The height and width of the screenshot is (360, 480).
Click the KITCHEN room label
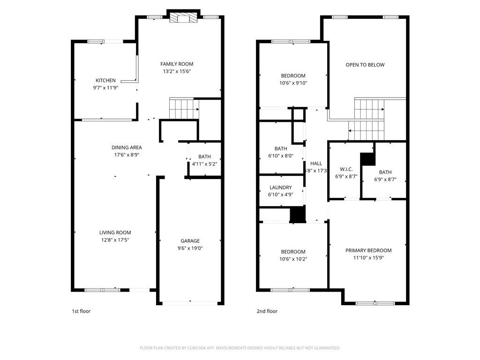105,80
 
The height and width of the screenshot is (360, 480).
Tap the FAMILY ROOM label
177,64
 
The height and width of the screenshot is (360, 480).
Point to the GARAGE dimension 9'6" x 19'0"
190,248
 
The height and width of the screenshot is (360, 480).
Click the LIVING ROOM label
115,232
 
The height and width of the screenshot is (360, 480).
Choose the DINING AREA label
127,148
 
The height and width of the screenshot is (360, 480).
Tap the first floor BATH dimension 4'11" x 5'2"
204,164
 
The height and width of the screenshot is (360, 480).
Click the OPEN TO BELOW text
365,65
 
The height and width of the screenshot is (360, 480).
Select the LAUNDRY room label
280,187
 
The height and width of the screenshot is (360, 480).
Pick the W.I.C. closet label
346,169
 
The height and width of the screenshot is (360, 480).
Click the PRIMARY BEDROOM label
368,250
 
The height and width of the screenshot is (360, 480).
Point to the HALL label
316,163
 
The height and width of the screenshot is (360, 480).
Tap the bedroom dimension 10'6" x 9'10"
293,83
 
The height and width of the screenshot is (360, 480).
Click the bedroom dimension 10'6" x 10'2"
293,259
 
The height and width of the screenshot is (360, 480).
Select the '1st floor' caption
81,311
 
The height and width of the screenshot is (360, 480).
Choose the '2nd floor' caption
267,311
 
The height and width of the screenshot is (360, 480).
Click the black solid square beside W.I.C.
368,159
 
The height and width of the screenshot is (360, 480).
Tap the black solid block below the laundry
298,214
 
